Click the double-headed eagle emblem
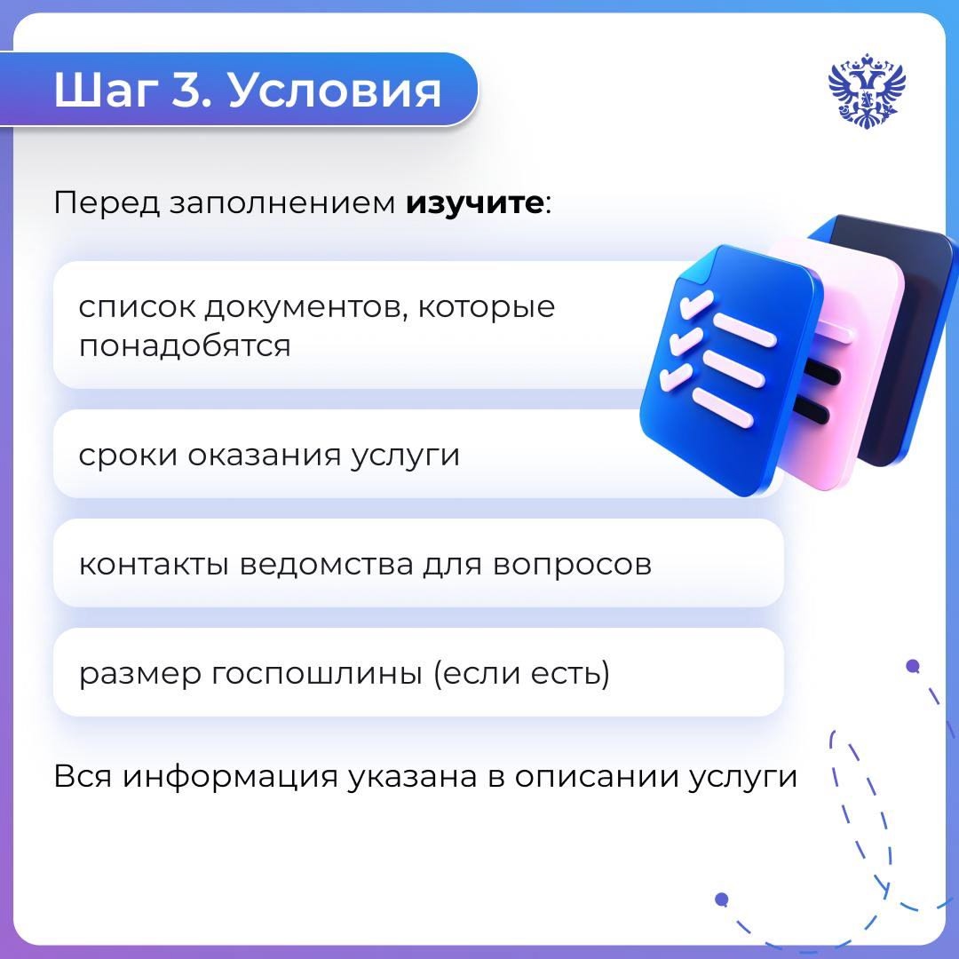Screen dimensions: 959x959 click(x=867, y=90)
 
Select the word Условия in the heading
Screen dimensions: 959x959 click(x=335, y=91)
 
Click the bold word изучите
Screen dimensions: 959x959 click(x=474, y=203)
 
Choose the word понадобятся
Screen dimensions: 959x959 click(x=185, y=345)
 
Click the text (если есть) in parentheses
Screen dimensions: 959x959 click(x=520, y=675)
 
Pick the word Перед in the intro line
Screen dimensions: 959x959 click(x=104, y=203)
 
